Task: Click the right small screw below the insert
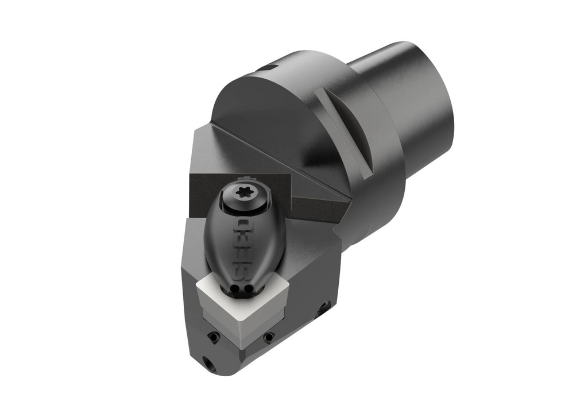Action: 268,339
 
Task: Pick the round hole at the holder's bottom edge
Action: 206,362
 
